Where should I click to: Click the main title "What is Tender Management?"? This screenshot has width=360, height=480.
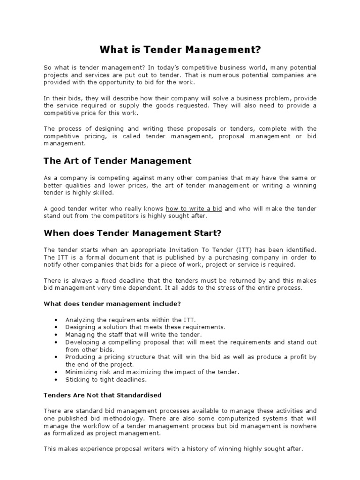click(x=180, y=49)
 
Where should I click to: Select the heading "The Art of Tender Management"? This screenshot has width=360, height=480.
click(x=117, y=161)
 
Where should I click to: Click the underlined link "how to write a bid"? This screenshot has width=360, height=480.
click(x=194, y=209)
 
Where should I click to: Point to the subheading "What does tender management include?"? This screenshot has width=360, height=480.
click(x=112, y=303)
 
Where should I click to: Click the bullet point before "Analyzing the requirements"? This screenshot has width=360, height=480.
click(x=56, y=320)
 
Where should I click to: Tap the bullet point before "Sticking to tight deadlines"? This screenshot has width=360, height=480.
click(x=56, y=380)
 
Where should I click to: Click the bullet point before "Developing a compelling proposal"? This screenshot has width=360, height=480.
click(x=56, y=342)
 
